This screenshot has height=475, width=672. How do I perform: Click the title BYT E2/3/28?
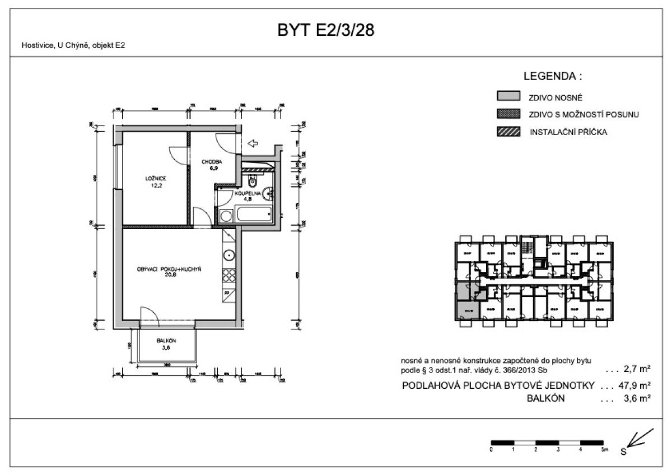[326, 30]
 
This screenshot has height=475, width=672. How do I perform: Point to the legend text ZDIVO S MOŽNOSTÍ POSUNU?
[584, 115]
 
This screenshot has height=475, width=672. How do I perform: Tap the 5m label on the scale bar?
[604, 450]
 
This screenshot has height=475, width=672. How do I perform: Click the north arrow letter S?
[623, 451]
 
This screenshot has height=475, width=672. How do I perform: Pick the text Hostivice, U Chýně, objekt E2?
[73, 46]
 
